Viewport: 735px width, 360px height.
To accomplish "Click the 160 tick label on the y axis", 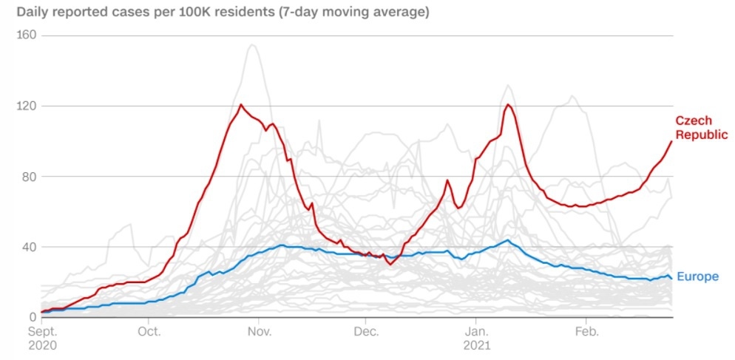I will click(28, 35).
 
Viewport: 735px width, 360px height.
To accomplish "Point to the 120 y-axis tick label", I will click(28, 106).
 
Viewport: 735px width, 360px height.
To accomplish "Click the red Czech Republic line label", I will click(702, 127).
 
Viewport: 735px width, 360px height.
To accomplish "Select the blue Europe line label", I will click(697, 276).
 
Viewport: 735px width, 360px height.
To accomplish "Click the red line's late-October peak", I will click(241, 104).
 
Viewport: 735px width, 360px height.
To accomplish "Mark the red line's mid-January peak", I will click(508, 104).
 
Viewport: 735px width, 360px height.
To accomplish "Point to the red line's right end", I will click(671, 140).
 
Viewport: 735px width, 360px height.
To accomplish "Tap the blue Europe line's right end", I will click(671, 278).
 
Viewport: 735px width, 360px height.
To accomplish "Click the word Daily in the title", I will click(32, 13).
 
